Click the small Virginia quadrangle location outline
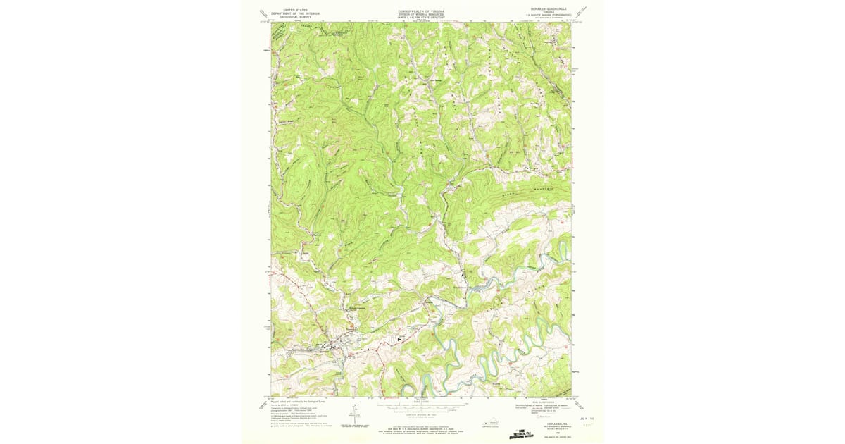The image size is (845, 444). click(489, 424)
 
